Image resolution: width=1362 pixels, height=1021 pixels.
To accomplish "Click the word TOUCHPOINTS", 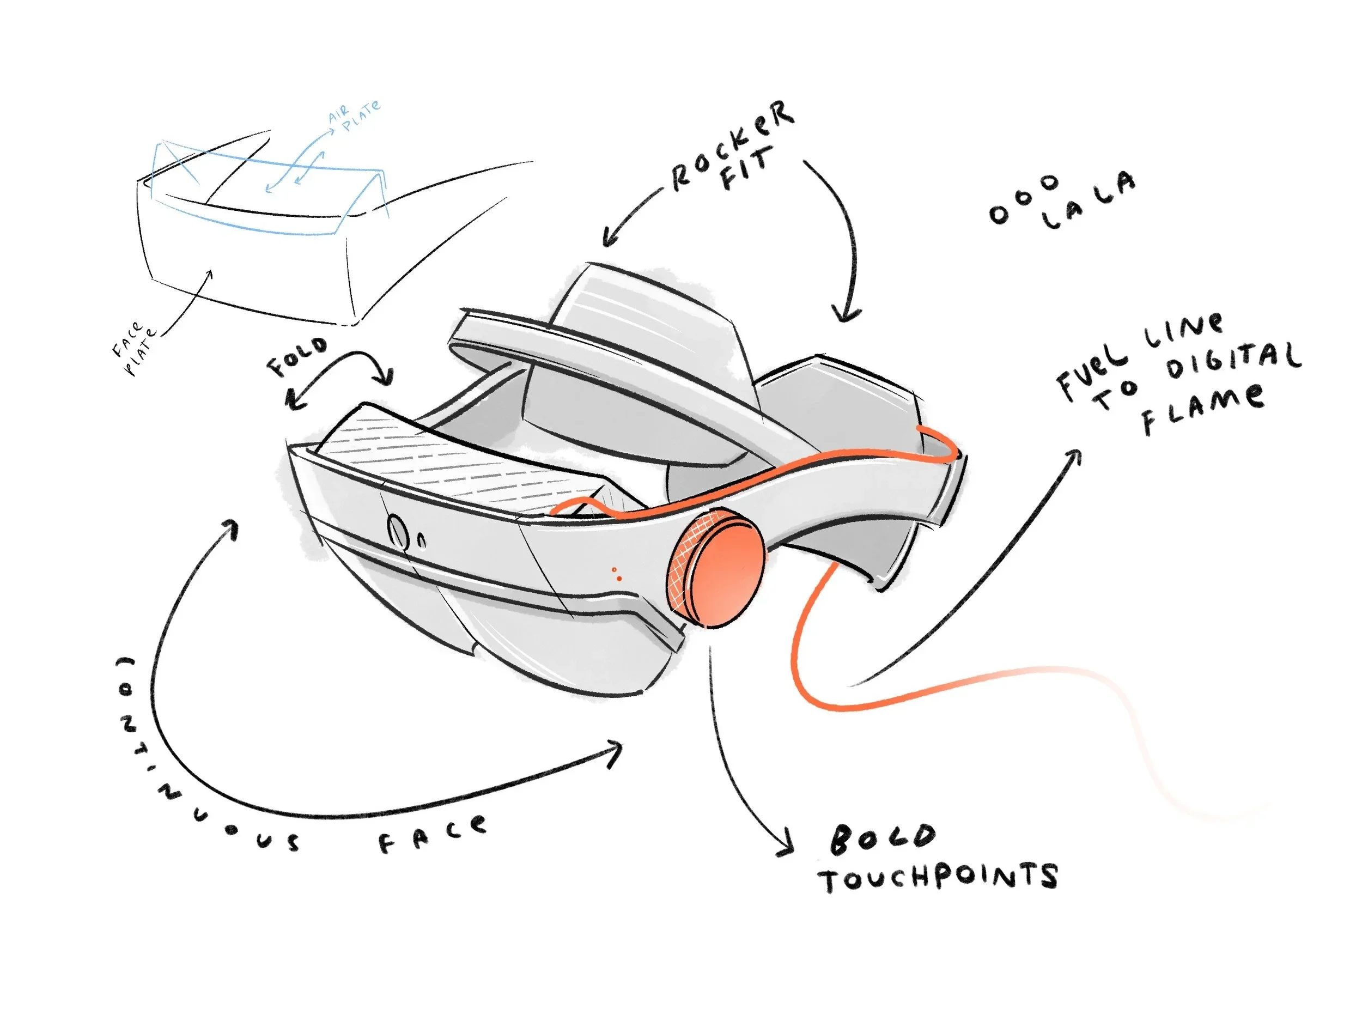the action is point(938,878).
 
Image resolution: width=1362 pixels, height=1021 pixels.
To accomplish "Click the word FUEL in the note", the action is point(1092,375).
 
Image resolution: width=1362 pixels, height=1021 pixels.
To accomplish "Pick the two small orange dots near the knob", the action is point(616,574).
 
